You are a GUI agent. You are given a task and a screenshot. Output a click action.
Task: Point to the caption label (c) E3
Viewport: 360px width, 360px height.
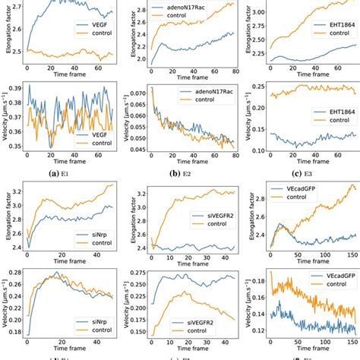[301, 172]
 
